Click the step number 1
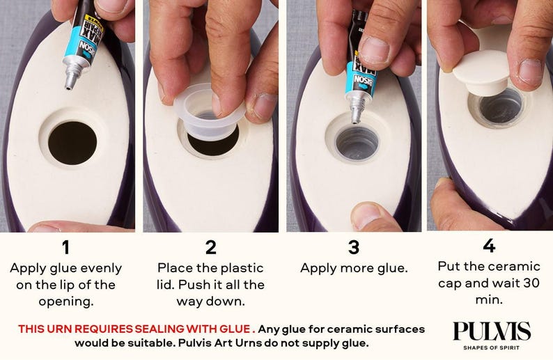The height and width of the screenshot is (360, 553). (x=65, y=247)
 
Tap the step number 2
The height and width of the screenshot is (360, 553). (x=210, y=247)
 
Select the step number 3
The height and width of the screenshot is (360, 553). (x=354, y=247)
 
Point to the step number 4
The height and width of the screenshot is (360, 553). (x=489, y=245)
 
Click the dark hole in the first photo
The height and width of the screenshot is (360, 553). (x=72, y=143)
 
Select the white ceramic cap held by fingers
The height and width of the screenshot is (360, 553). (x=481, y=73)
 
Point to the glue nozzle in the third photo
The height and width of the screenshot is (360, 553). (x=355, y=113)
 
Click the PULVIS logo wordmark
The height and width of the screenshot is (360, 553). (x=492, y=331)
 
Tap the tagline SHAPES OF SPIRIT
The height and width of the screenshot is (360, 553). (x=491, y=347)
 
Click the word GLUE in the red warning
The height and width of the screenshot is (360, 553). (x=235, y=329)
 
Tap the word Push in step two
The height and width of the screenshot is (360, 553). (x=192, y=285)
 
